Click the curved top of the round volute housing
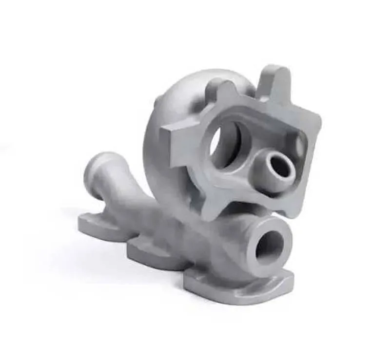tap(195, 80)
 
